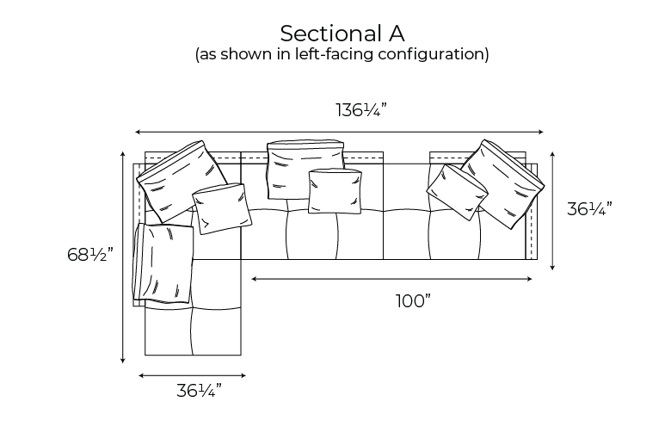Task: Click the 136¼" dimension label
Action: pos(360,110)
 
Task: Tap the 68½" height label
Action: pos(89,255)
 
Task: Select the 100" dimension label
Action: pos(413,301)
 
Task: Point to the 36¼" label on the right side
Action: pos(589,209)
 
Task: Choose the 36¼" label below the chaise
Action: pos(199,391)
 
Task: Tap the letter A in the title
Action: pos(397,34)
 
